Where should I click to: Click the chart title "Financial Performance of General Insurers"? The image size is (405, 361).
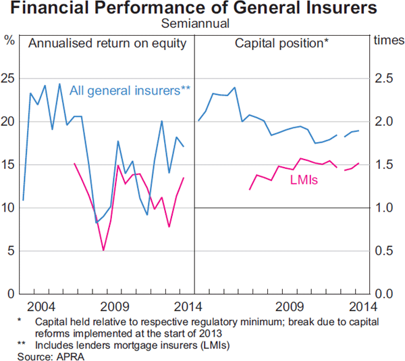click(202, 9)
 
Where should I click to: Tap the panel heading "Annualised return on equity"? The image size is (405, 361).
click(107, 43)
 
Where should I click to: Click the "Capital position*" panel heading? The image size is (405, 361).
click(281, 43)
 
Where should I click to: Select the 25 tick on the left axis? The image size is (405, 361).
click(9, 80)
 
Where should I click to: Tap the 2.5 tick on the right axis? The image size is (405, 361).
click(383, 80)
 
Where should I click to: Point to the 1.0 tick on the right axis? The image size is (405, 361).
click(383, 208)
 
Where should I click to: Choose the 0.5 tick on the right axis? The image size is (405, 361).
click(383, 251)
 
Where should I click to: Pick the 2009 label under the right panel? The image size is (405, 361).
click(292, 306)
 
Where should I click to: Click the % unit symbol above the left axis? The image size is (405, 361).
click(9, 40)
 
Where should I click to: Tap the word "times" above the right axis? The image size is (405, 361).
click(386, 40)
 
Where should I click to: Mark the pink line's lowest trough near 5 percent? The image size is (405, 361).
click(103, 251)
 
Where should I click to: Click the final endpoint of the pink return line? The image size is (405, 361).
click(184, 178)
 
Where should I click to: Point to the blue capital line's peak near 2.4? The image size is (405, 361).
click(235, 87)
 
